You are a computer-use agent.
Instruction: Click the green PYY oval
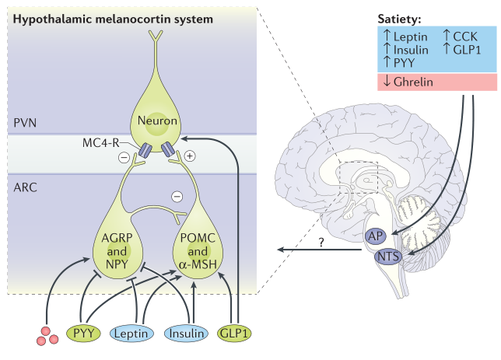(84, 334)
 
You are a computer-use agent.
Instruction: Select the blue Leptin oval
(136, 334)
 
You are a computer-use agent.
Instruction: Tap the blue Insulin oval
(187, 334)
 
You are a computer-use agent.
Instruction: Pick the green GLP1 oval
(236, 334)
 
